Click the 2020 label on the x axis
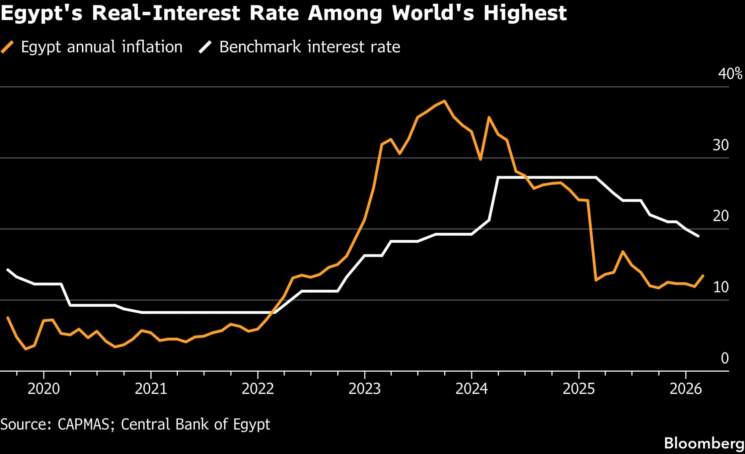[44, 389]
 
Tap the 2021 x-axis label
[150, 389]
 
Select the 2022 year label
[258, 389]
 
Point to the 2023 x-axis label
[365, 389]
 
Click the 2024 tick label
[472, 389]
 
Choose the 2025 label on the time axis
[578, 389]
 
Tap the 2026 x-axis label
[685, 389]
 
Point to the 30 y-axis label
[721, 145]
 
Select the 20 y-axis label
[721, 216]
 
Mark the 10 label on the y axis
[721, 287]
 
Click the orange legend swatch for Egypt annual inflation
[7, 47]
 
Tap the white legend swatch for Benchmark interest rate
[205, 47]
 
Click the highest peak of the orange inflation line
[444, 101]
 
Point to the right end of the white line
[698, 236]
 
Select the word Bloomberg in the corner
[704, 443]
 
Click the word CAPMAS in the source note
[83, 425]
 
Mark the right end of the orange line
[703, 276]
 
